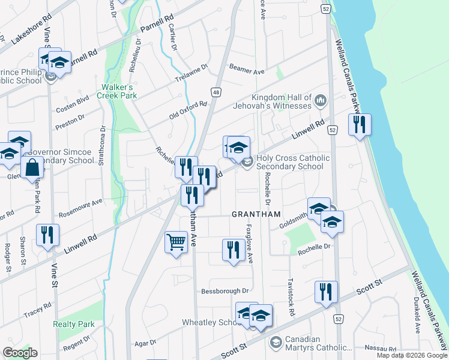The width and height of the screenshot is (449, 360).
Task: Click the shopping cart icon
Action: coord(176,242)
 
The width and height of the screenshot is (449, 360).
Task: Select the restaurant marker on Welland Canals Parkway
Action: coord(360,125)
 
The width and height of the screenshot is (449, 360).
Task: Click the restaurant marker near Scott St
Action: coord(326,292)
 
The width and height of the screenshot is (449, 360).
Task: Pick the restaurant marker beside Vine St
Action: coord(47,235)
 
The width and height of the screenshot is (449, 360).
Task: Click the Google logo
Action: coord(20,353)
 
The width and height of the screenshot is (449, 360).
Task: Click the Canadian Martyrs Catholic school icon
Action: coord(276,343)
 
